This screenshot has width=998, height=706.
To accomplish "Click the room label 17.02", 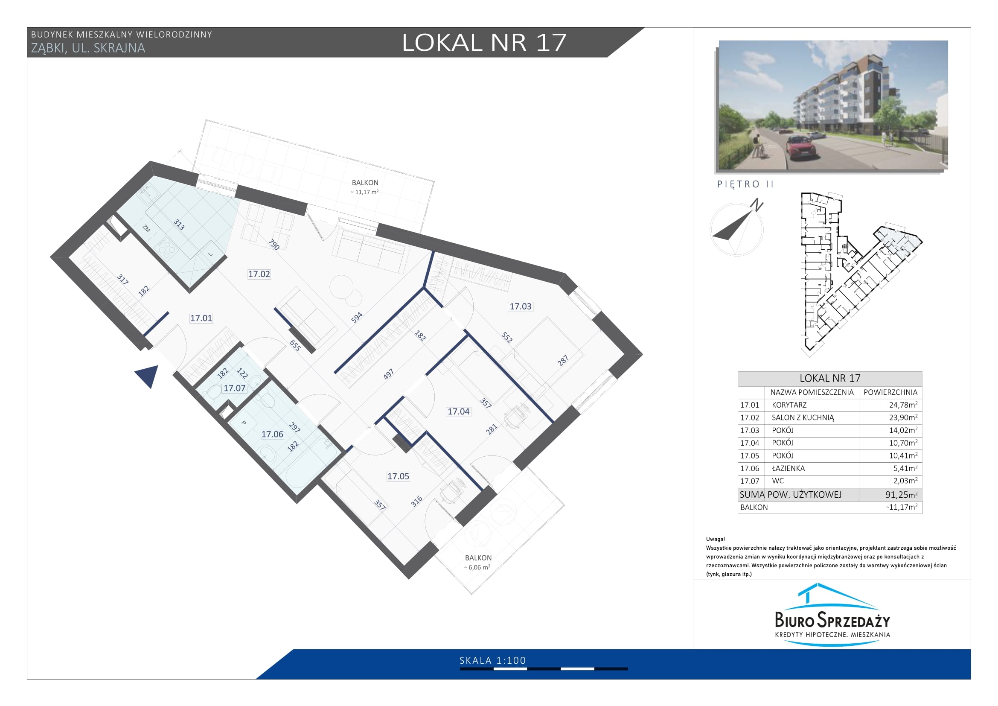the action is click(x=259, y=274).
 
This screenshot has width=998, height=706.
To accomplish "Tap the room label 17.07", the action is click(x=234, y=388).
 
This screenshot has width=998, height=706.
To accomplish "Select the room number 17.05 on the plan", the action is click(x=398, y=476).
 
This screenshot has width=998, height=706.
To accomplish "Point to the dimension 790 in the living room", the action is click(x=274, y=245).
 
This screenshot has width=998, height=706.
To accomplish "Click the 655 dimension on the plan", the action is click(x=295, y=346).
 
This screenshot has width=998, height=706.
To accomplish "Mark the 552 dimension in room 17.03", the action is click(x=507, y=337).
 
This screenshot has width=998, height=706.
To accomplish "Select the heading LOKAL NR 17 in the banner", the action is click(x=484, y=43).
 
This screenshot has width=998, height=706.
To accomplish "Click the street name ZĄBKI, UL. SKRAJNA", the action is click(x=88, y=48).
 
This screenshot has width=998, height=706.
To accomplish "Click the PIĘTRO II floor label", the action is click(x=745, y=184).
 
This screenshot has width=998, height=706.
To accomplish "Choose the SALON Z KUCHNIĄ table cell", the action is click(x=803, y=418).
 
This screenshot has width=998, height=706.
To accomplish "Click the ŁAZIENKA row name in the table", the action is click(x=788, y=468).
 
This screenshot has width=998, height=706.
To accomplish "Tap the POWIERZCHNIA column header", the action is click(x=890, y=392).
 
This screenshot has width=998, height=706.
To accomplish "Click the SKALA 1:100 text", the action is click(x=493, y=660).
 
